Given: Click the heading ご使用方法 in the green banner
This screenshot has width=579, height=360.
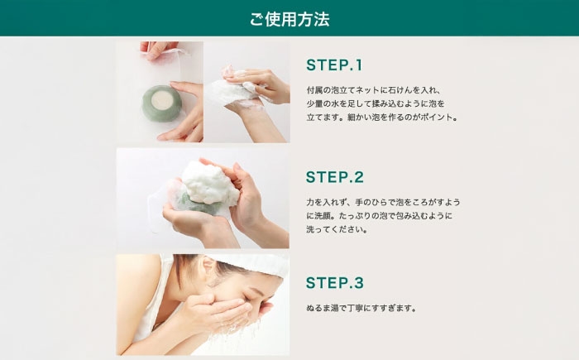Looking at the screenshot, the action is pos(289,19).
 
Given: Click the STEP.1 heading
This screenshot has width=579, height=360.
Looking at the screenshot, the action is pos(334,65).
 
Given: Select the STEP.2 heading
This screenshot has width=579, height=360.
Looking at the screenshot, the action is pos(335,176).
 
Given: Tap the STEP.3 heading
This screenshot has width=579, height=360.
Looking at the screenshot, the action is pos(335,283).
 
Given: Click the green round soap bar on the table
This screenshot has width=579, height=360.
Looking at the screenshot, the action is pos(162,103).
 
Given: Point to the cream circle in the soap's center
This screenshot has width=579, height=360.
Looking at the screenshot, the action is pos(162,100).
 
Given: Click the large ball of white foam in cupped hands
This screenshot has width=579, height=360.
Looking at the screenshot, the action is pos(209,184).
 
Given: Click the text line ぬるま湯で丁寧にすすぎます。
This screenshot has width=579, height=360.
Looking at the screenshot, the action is pos(361,308).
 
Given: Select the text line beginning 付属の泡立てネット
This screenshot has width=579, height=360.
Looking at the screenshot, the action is pos(373,90).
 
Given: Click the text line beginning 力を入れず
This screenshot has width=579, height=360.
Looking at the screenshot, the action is pos(383,202).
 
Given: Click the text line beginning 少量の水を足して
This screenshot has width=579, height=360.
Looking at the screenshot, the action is pos(376,103).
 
